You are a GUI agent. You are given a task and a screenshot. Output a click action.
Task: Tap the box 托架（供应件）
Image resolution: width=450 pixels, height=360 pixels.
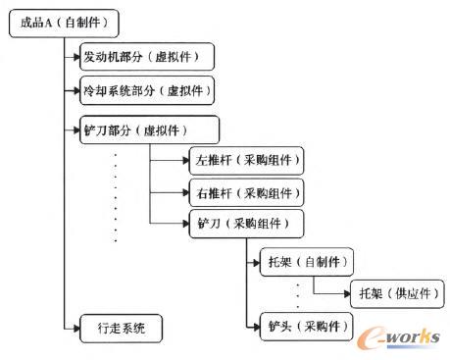[x=388, y=293]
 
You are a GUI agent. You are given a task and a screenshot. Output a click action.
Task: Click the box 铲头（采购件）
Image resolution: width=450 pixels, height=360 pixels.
[x=303, y=324]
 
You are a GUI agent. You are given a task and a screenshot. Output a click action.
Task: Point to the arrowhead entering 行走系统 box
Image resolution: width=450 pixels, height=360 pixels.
[x=77, y=326]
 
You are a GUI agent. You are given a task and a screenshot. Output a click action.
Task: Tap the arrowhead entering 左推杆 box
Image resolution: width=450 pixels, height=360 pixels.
[x=184, y=159]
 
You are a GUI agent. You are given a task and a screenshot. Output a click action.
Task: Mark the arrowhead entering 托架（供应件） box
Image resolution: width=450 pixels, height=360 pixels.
[x=345, y=293]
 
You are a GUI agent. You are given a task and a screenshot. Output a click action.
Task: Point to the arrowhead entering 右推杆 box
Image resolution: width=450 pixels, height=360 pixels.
[x=184, y=190]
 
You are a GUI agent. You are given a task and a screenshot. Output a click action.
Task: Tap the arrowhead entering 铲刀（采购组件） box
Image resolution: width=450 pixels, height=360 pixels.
[x=184, y=223]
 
